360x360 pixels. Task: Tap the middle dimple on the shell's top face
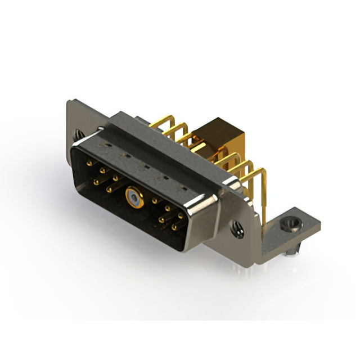tap(146, 166)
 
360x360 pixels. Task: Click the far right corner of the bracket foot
tap(320, 226)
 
